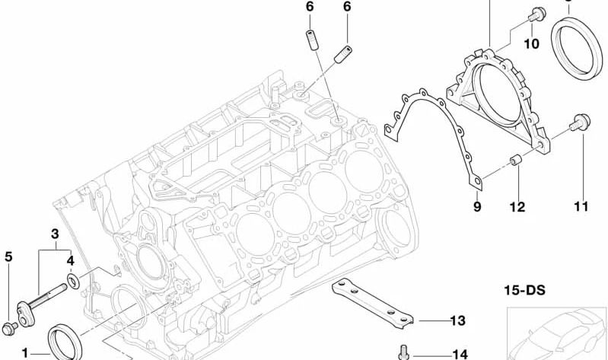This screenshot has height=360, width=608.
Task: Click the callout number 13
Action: (457, 320)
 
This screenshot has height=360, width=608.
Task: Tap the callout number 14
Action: (460, 354)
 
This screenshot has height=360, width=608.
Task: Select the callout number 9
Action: (477, 206)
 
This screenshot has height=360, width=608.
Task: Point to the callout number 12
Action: (517, 207)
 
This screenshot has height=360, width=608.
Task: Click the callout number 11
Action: (581, 206)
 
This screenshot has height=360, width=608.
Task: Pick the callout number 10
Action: (532, 44)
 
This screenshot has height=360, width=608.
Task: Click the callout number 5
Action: (8, 256)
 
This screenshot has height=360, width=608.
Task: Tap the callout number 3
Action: (55, 234)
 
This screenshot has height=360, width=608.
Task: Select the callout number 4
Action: (70, 261)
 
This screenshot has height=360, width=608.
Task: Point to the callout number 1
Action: (25, 353)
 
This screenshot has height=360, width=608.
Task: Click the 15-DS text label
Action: (524, 290)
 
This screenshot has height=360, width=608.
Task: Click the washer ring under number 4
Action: (73, 281)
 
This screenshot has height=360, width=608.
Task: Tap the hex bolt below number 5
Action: (9, 328)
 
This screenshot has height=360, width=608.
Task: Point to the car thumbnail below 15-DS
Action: (557, 333)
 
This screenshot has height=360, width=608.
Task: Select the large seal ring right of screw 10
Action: (577, 47)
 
